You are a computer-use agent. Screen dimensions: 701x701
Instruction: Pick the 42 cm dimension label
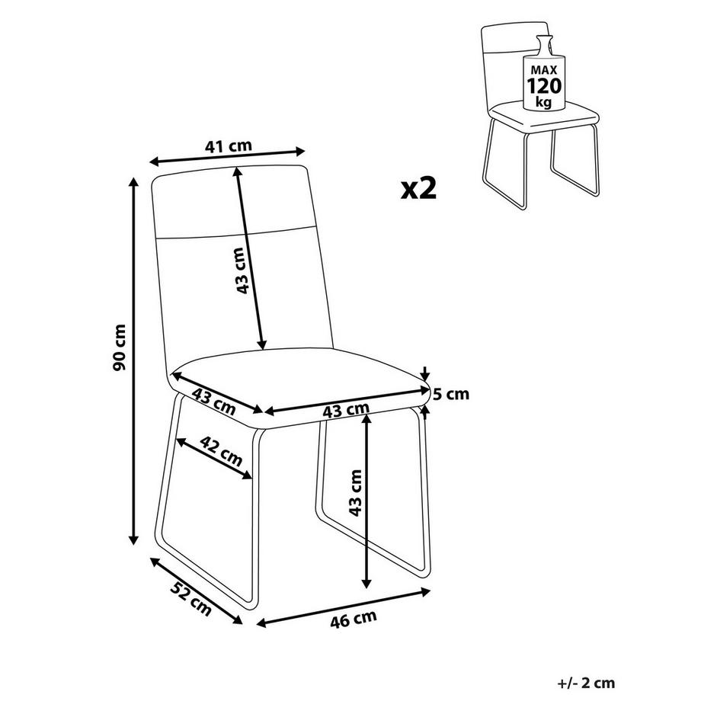[221, 453]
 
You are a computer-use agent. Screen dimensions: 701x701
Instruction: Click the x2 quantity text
[419, 187]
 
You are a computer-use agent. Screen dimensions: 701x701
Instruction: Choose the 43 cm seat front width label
[345, 411]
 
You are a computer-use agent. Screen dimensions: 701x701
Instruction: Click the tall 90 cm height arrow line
[135, 358]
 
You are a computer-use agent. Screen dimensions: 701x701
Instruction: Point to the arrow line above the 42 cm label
[214, 459]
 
